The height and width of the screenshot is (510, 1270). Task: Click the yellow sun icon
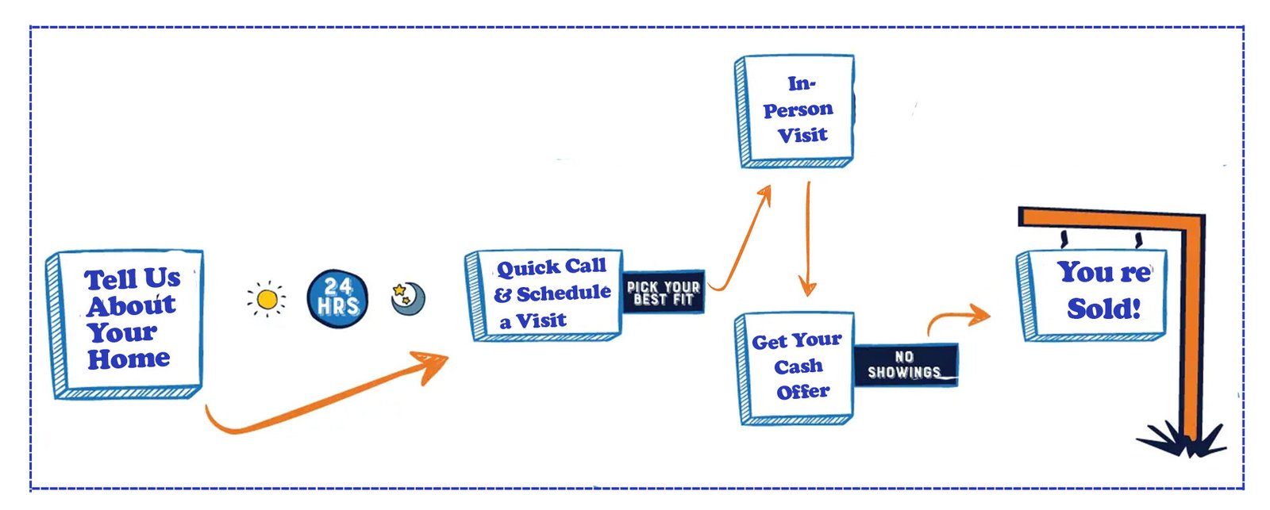(x=267, y=299)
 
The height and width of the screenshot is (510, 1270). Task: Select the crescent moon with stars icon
(x=408, y=298)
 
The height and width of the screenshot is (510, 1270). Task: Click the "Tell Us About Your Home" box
(x=127, y=321)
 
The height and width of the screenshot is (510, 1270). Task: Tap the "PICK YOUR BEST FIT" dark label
(x=664, y=293)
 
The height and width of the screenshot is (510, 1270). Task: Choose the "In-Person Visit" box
(x=796, y=110)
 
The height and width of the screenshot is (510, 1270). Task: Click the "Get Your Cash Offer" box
(x=796, y=366)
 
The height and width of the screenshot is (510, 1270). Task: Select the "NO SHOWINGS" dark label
(x=905, y=365)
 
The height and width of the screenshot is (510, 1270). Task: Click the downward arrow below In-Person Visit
(x=807, y=238)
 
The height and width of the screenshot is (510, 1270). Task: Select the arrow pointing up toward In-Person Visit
(x=742, y=238)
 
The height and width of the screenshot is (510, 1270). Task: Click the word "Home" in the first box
(x=129, y=359)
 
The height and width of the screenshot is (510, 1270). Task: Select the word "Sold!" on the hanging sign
(x=1103, y=309)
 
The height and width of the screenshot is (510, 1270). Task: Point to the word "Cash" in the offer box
(x=799, y=366)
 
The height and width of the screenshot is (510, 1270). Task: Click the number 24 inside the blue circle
(x=338, y=286)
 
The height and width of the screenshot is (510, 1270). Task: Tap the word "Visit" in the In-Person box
(x=802, y=136)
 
